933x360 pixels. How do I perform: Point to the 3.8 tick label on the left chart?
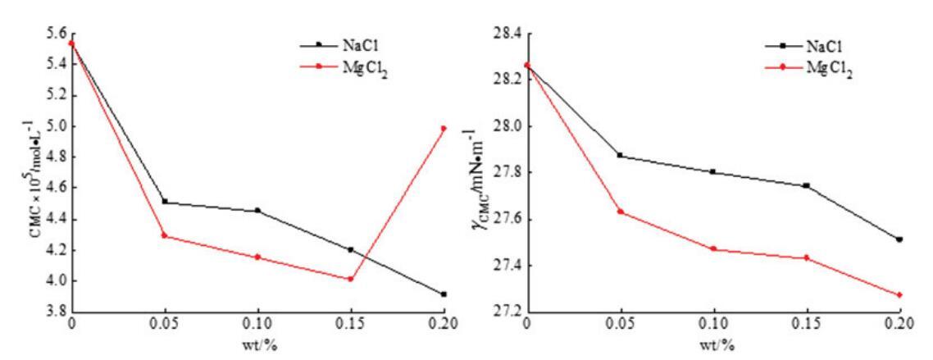[50, 312]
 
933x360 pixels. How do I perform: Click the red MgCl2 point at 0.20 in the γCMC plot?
[899, 295]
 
